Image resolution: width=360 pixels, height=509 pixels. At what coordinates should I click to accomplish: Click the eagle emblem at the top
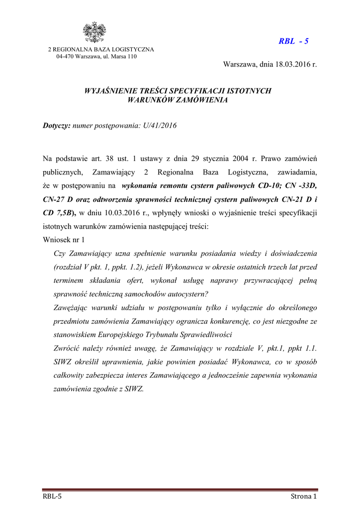(93, 33)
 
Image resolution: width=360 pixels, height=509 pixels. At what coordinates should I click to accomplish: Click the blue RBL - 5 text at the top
(293, 41)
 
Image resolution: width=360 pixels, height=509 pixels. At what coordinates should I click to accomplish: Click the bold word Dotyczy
(57, 126)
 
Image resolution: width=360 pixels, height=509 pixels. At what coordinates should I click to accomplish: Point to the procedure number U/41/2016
(160, 126)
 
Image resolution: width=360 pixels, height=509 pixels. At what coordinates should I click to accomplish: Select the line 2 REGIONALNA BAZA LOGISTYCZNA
(100, 49)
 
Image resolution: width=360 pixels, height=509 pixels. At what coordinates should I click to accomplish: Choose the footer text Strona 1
(303, 497)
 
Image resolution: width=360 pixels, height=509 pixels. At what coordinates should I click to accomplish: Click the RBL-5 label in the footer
(52, 497)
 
